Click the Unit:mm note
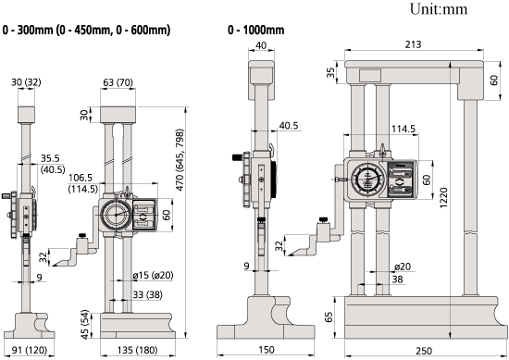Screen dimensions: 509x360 (x=439, y=9)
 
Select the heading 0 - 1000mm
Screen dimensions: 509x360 (x=255, y=31)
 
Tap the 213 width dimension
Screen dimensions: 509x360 (x=413, y=44)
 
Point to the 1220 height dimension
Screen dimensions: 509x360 (x=443, y=197)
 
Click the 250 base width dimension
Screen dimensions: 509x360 (x=424, y=351)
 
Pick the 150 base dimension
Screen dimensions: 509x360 (x=267, y=350)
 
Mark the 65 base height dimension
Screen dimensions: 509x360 (x=329, y=317)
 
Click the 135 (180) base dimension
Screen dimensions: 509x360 (x=137, y=350)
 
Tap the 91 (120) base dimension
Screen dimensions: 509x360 (x=30, y=350)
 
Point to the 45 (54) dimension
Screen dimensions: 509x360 (x=84, y=325)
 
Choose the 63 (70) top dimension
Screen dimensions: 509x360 (x=118, y=82)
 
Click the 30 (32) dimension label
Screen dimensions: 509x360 (x=26, y=82)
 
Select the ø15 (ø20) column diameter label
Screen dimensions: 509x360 (x=153, y=275)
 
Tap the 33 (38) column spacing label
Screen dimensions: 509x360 (x=147, y=294)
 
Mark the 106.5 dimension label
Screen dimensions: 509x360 (x=81, y=178)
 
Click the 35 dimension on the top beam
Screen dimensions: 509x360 (x=330, y=72)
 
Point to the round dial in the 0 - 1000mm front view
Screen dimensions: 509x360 (x=367, y=179)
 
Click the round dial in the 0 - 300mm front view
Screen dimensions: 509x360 (x=117, y=215)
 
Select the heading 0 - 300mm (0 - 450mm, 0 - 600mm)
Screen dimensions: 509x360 (x=86, y=31)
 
